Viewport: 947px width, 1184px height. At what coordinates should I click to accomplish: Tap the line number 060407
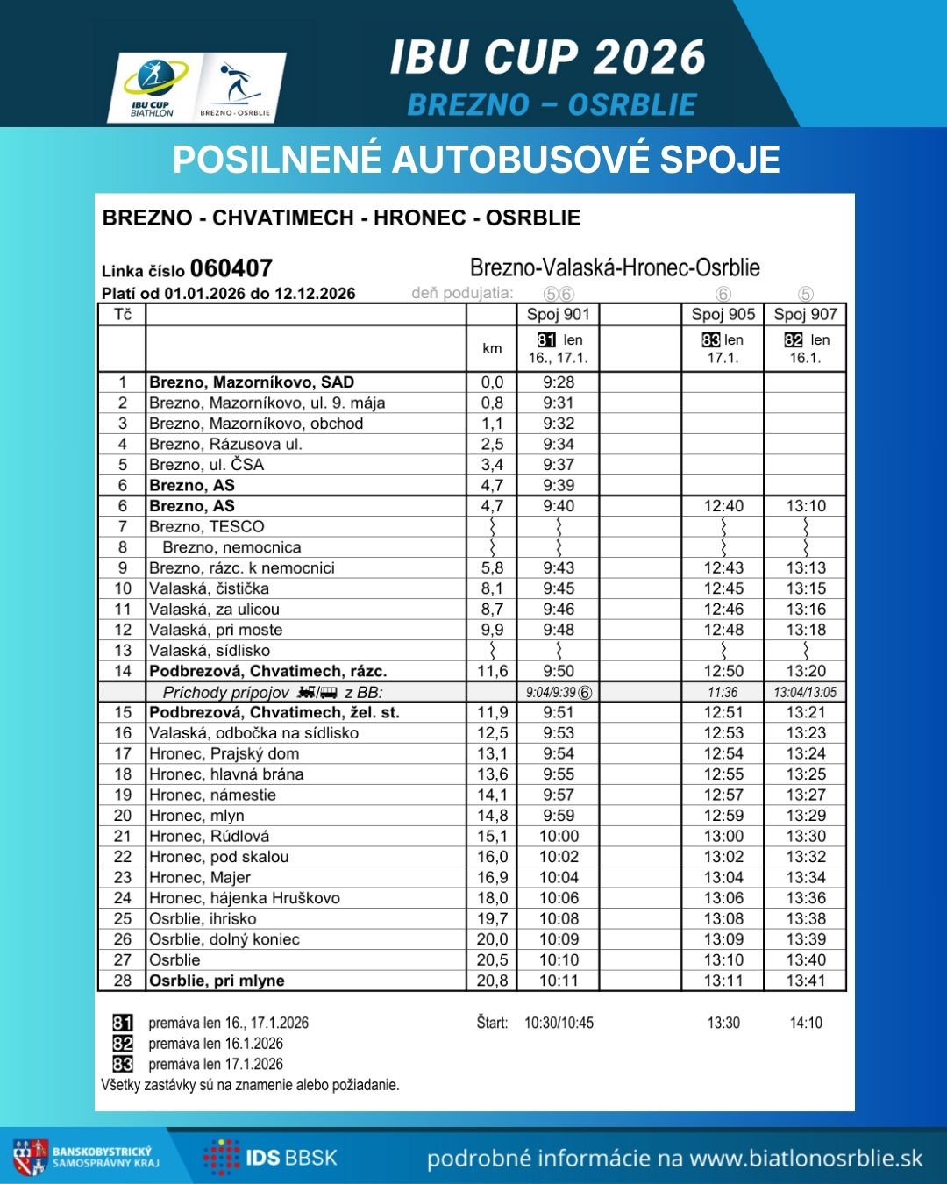click(x=231, y=268)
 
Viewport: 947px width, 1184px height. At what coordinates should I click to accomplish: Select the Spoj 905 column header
click(x=723, y=315)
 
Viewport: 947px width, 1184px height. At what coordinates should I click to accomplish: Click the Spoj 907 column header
click(x=805, y=315)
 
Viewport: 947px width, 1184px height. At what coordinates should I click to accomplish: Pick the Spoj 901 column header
click(x=558, y=315)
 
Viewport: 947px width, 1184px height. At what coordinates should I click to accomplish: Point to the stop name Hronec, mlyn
click(x=196, y=816)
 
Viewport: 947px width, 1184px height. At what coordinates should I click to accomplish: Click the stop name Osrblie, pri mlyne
click(x=217, y=981)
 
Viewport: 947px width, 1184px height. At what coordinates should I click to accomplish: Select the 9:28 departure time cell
click(x=559, y=382)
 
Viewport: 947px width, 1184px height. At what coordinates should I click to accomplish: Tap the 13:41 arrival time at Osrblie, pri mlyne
click(x=806, y=981)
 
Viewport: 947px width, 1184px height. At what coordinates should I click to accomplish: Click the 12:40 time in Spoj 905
click(x=723, y=506)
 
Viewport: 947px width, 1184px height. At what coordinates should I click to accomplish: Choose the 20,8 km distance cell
click(x=492, y=981)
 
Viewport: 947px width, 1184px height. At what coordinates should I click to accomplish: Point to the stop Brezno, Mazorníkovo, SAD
click(x=252, y=382)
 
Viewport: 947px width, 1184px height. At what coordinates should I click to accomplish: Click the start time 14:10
click(x=806, y=1023)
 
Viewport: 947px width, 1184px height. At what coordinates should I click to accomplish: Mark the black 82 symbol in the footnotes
click(x=123, y=1044)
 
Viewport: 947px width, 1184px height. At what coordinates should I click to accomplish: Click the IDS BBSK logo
click(x=271, y=1158)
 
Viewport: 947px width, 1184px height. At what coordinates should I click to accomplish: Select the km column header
click(x=492, y=349)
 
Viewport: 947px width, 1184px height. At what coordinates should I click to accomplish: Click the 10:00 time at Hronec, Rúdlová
click(x=559, y=837)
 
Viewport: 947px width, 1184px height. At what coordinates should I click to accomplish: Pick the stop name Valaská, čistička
click(x=209, y=588)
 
